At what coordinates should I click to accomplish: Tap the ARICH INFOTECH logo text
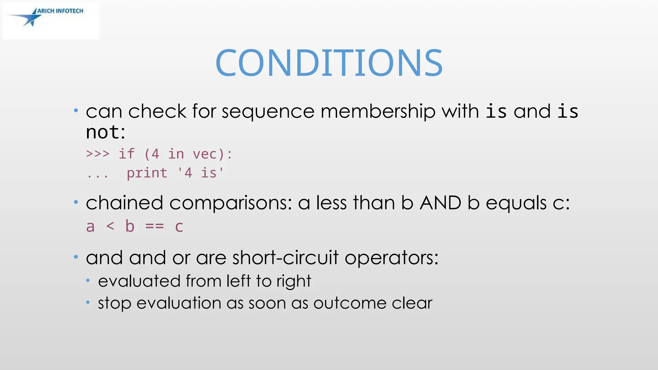coord(60,11)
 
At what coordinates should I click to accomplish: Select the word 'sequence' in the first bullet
coord(268,111)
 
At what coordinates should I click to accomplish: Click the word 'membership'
coord(378,111)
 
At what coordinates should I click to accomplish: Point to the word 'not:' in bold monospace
coord(105,132)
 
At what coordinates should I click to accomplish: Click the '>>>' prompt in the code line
coord(98,154)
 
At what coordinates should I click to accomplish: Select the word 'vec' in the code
coord(205,154)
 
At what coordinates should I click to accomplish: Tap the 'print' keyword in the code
coord(147,173)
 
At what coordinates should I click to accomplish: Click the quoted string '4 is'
coord(200,173)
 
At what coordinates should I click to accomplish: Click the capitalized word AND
coord(440,203)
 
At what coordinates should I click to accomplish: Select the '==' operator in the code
coord(155,226)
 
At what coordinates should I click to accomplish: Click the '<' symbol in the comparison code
coord(110,226)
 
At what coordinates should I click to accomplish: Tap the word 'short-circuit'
coord(285,258)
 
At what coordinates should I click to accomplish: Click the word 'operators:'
coord(391,258)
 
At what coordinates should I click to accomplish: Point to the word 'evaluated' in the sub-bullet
coord(139,281)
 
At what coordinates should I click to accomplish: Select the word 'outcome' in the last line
coord(350,303)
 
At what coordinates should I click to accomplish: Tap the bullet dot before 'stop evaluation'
coord(88,303)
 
